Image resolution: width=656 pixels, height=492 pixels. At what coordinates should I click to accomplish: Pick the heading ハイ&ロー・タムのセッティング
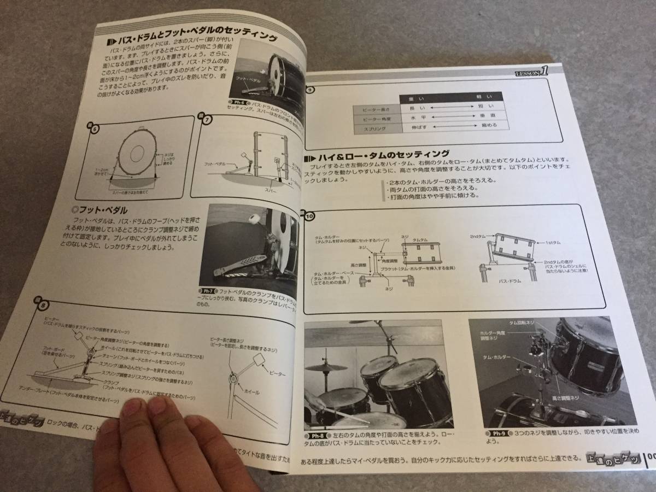point(383,154)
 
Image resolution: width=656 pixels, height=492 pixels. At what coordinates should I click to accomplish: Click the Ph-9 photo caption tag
point(496,434)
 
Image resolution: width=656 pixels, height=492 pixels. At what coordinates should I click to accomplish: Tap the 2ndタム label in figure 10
point(477,236)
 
